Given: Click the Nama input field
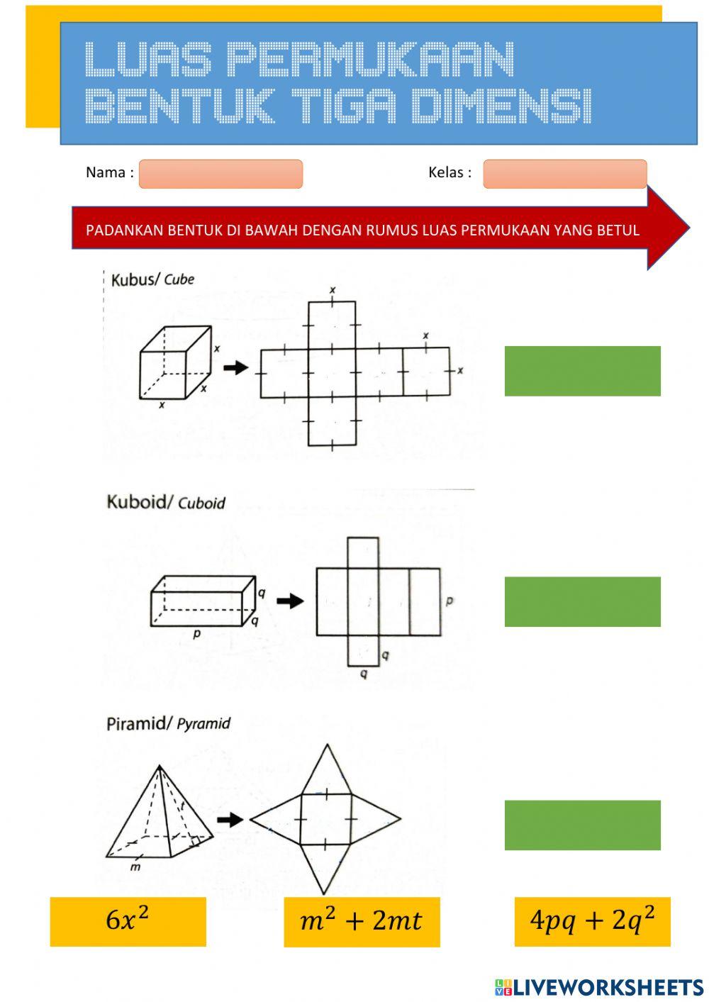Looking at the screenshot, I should pos(220,174).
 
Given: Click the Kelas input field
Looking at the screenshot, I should pos(564,174).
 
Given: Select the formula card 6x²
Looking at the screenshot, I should pos(128,921).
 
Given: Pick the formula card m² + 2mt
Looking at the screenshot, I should pos(362,922).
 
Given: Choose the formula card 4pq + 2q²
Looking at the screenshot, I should pos(592,921).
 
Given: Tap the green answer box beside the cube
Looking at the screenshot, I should pos(582,371).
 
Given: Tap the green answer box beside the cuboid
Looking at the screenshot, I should pos(582,601).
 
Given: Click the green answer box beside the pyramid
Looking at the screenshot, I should pos(582,825).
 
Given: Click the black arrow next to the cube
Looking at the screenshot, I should pos(236,367).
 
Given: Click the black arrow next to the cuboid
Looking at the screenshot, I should pos(289,601).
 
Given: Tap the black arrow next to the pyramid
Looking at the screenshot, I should pos(230,820).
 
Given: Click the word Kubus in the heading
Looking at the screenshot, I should pos(132,279).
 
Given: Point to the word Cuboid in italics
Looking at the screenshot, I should pos(201,503).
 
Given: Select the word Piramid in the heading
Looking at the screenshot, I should pos(136,724).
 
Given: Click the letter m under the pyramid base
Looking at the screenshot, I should pos(135,867).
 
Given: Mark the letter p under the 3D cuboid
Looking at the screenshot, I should pos(197,633).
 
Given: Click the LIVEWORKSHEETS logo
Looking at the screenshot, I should pos(599,986).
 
